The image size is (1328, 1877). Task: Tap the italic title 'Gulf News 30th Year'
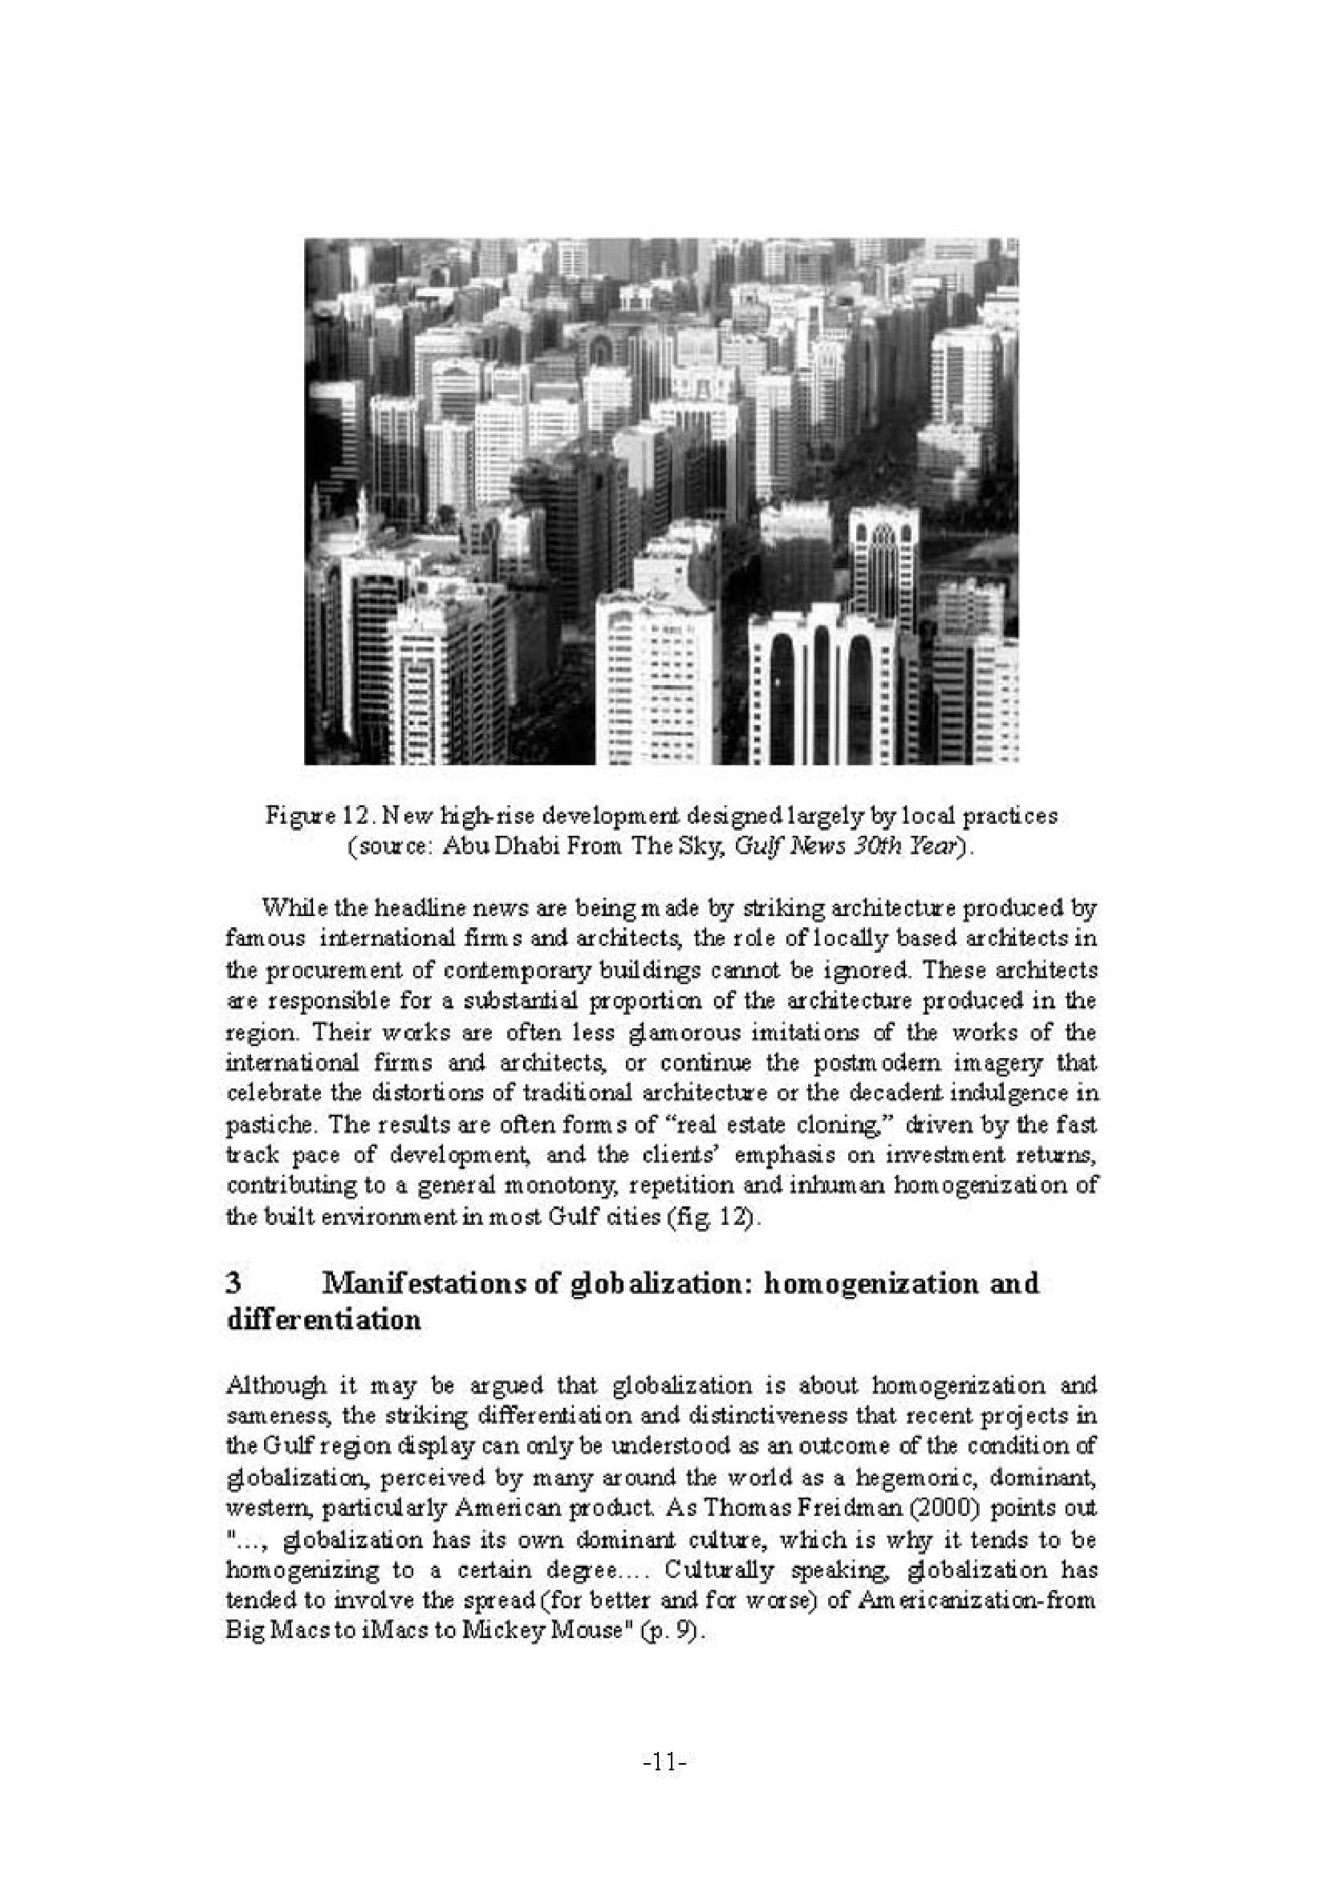[x=850, y=846]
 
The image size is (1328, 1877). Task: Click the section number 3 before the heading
[x=233, y=1283]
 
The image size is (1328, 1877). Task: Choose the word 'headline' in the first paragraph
[x=384, y=907]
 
